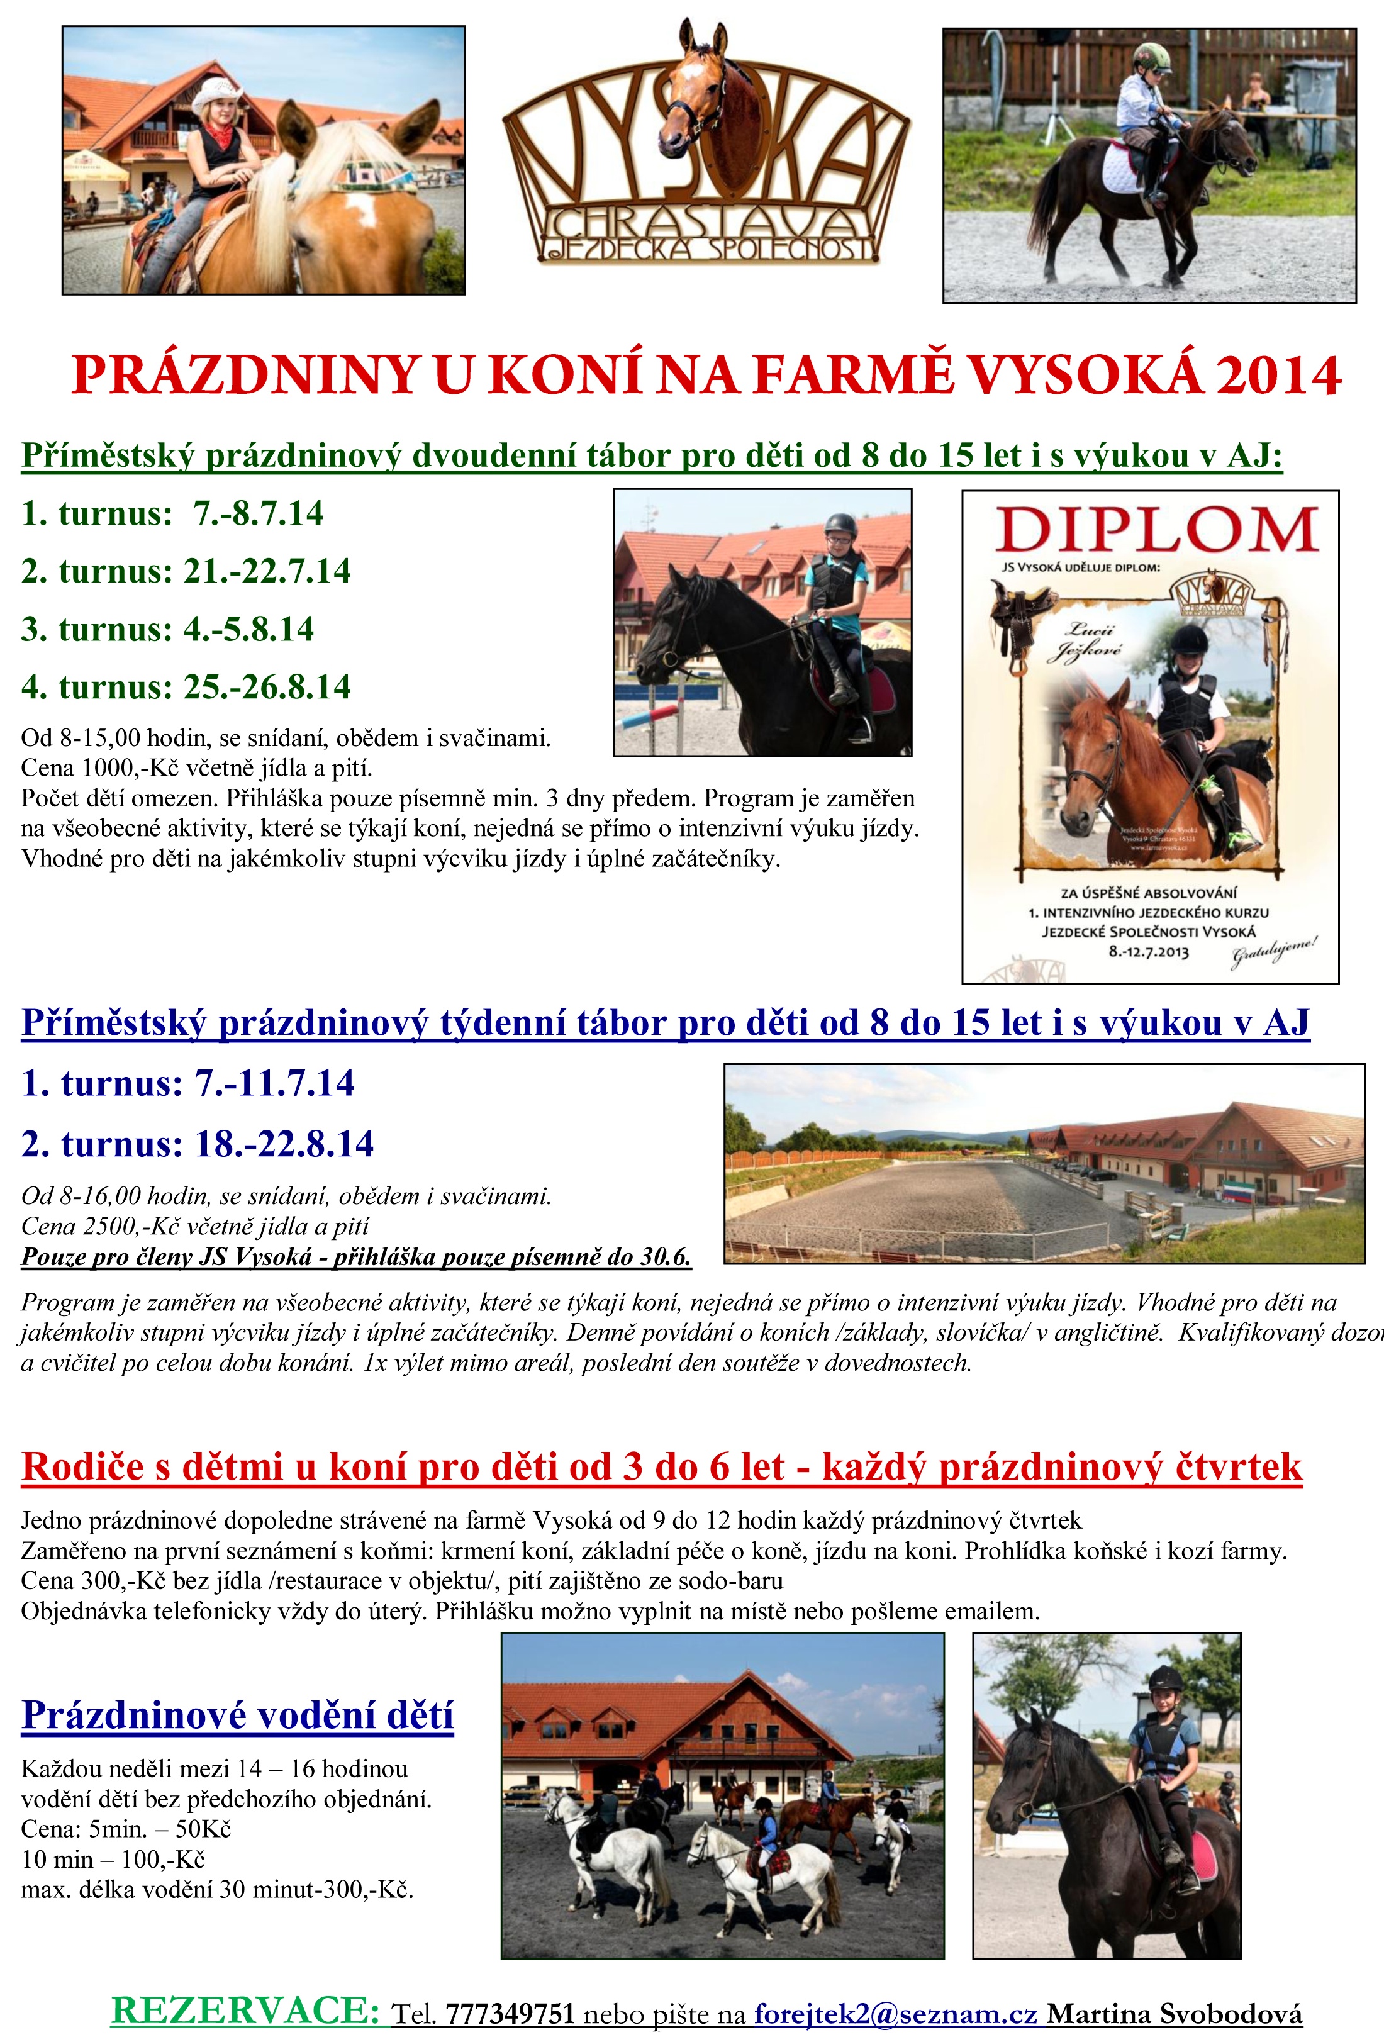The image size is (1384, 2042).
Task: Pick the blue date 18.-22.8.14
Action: coord(284,1144)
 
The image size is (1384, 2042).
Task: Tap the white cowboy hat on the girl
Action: coord(215,91)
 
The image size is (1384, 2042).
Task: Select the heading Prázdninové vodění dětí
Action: coord(237,1714)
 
